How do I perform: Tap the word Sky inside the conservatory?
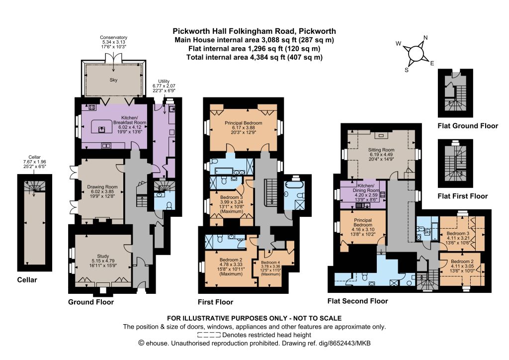[x=113, y=80]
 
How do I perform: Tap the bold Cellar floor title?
[x=27, y=280]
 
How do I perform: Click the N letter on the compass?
[x=425, y=38]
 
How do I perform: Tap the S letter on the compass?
[x=407, y=70]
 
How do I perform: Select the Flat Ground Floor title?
[x=468, y=126]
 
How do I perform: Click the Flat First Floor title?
[x=463, y=196]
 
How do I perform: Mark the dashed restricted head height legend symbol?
[x=209, y=335]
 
